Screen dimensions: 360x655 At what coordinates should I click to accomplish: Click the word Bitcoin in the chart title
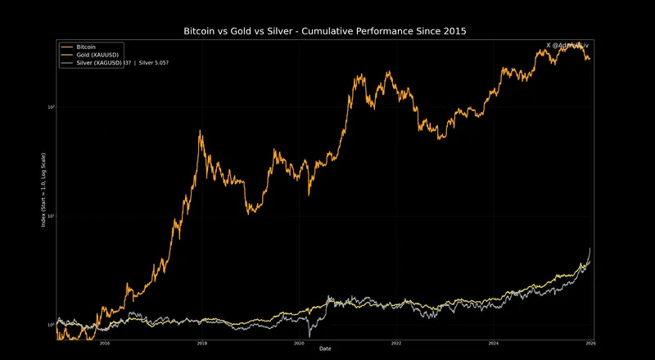tap(203, 31)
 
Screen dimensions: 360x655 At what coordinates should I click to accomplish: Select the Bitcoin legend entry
tap(86, 47)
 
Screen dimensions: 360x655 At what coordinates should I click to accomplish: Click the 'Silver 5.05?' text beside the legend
tap(153, 64)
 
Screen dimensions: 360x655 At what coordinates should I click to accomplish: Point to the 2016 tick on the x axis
tap(105, 344)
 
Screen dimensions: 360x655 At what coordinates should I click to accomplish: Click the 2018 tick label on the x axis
tap(202, 344)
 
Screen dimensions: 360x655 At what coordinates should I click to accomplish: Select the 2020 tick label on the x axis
tap(299, 344)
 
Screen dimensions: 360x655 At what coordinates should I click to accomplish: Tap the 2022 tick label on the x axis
tap(396, 344)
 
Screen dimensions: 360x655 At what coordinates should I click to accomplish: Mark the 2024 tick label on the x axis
tap(493, 344)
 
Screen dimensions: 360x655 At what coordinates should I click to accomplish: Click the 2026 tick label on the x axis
tap(590, 344)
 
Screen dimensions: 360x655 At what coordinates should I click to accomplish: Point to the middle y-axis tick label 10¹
tap(51, 216)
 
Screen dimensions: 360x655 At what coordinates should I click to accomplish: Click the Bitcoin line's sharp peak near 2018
tap(201, 131)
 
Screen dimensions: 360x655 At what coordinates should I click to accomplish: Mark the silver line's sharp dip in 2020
tap(309, 336)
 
